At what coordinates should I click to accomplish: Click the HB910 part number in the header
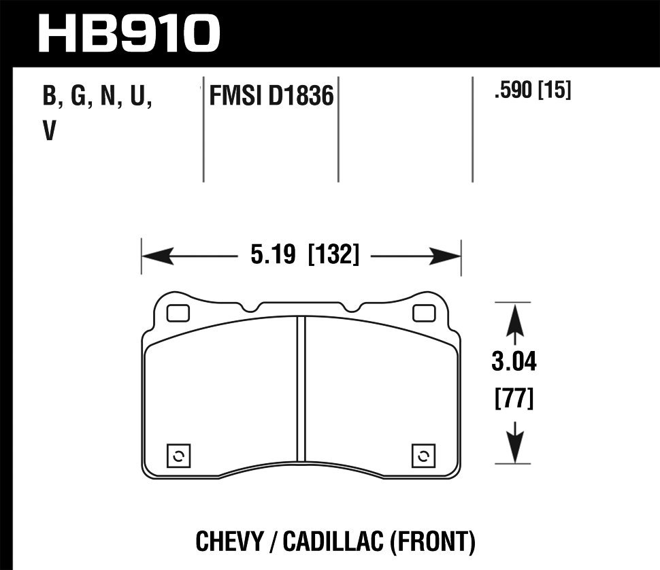pos(129,33)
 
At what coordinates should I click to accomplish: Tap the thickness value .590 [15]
pos(533,90)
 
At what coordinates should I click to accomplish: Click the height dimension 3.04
pos(514,363)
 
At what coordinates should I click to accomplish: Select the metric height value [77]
pos(514,398)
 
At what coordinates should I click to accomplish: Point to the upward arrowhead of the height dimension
pos(515,318)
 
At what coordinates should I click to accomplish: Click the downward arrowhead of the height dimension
pos(515,449)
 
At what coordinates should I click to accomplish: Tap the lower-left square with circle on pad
pos(178,456)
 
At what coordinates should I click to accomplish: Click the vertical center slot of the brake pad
pos(301,388)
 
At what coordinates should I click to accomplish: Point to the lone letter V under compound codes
pos(48,131)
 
